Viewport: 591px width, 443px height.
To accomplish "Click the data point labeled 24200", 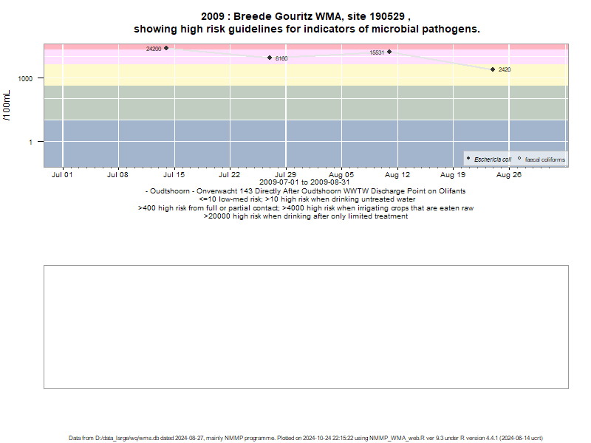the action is pyautogui.click(x=166, y=48).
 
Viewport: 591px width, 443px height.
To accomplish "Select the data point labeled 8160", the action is pyautogui.click(x=270, y=58).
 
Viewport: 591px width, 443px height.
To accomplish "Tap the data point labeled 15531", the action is pyautogui.click(x=389, y=52).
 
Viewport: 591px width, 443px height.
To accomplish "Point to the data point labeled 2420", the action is pyautogui.click(x=493, y=69).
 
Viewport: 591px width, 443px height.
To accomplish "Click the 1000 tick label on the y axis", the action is pyautogui.click(x=25, y=78).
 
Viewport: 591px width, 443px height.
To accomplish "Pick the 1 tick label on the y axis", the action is pyautogui.click(x=30, y=142).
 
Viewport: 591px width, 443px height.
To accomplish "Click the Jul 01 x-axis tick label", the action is pyautogui.click(x=62, y=175).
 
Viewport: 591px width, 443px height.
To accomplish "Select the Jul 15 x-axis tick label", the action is pyautogui.click(x=174, y=175).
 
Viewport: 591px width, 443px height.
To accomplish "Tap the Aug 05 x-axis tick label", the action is pyautogui.click(x=341, y=175).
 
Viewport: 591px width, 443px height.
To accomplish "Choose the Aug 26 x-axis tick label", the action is pyautogui.click(x=508, y=175).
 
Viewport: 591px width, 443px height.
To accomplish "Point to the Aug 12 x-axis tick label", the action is pyautogui.click(x=397, y=175).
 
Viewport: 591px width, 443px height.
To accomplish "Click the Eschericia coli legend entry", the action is pyautogui.click(x=493, y=159).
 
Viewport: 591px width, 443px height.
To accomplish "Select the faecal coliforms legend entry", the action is pyautogui.click(x=545, y=159).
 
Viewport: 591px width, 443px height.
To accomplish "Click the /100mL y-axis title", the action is pyautogui.click(x=7, y=106).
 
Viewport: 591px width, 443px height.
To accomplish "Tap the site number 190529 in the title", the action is pyautogui.click(x=386, y=16).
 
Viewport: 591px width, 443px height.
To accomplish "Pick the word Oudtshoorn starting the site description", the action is pyautogui.click(x=170, y=191).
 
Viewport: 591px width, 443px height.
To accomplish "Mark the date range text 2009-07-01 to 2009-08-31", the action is pyautogui.click(x=304, y=182).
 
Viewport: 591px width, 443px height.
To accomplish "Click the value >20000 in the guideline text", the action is pyautogui.click(x=216, y=216).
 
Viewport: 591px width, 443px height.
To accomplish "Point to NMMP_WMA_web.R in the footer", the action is pyautogui.click(x=397, y=438).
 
